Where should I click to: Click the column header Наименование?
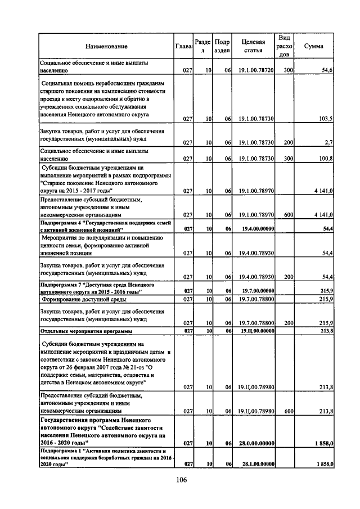point(106,46)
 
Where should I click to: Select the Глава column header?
point(184,46)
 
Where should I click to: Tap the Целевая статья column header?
point(253,46)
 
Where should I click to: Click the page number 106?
point(180,479)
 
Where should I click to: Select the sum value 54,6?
point(327,71)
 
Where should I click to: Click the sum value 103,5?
point(326,119)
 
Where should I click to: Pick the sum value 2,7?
point(329,143)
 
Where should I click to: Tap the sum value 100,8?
point(326,159)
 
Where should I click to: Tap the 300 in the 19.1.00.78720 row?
point(288,71)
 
